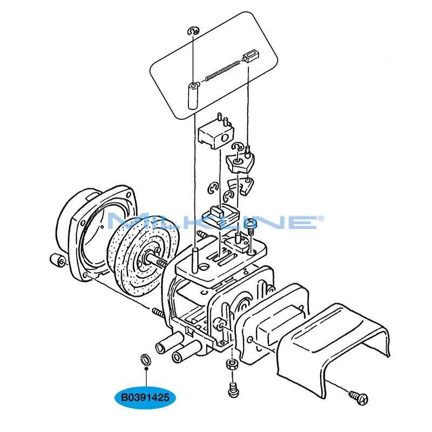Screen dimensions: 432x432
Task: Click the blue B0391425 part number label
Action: click(145, 397)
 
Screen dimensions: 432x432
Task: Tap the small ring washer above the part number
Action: click(145, 359)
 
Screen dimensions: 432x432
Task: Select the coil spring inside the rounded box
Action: click(223, 71)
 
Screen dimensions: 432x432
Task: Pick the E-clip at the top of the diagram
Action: click(193, 31)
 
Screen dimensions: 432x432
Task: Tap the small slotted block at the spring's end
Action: click(249, 56)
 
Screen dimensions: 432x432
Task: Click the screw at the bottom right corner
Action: click(359, 397)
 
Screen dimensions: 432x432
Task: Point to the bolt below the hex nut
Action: click(233, 390)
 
